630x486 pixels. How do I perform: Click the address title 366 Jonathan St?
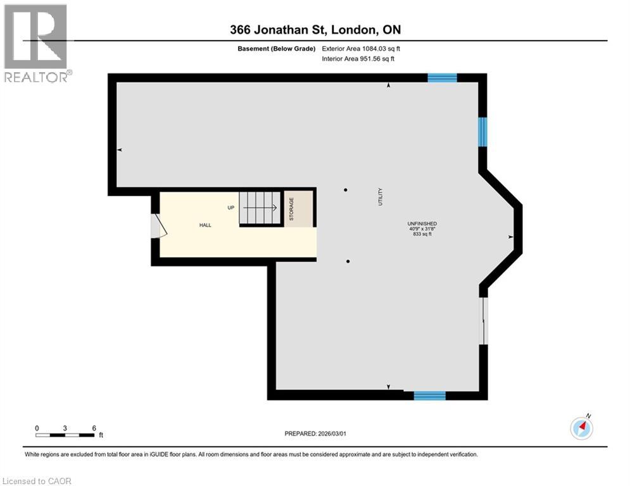[315, 29]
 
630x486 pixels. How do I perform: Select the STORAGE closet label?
[292, 208]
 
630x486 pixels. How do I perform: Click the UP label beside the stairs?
[232, 208]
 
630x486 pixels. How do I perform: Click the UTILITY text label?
[381, 196]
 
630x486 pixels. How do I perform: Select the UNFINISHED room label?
[422, 224]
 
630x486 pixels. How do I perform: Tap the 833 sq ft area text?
[422, 235]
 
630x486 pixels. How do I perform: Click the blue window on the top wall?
[442, 78]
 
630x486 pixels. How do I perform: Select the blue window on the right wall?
[482, 132]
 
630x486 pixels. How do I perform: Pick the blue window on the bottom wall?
[429, 396]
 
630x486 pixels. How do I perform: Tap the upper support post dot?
[346, 190]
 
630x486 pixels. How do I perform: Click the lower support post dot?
[348, 261]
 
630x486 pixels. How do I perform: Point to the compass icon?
[581, 428]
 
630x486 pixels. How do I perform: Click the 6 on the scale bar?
[94, 428]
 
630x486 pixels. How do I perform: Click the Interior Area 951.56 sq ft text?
[358, 58]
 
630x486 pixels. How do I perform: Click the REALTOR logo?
[37, 42]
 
